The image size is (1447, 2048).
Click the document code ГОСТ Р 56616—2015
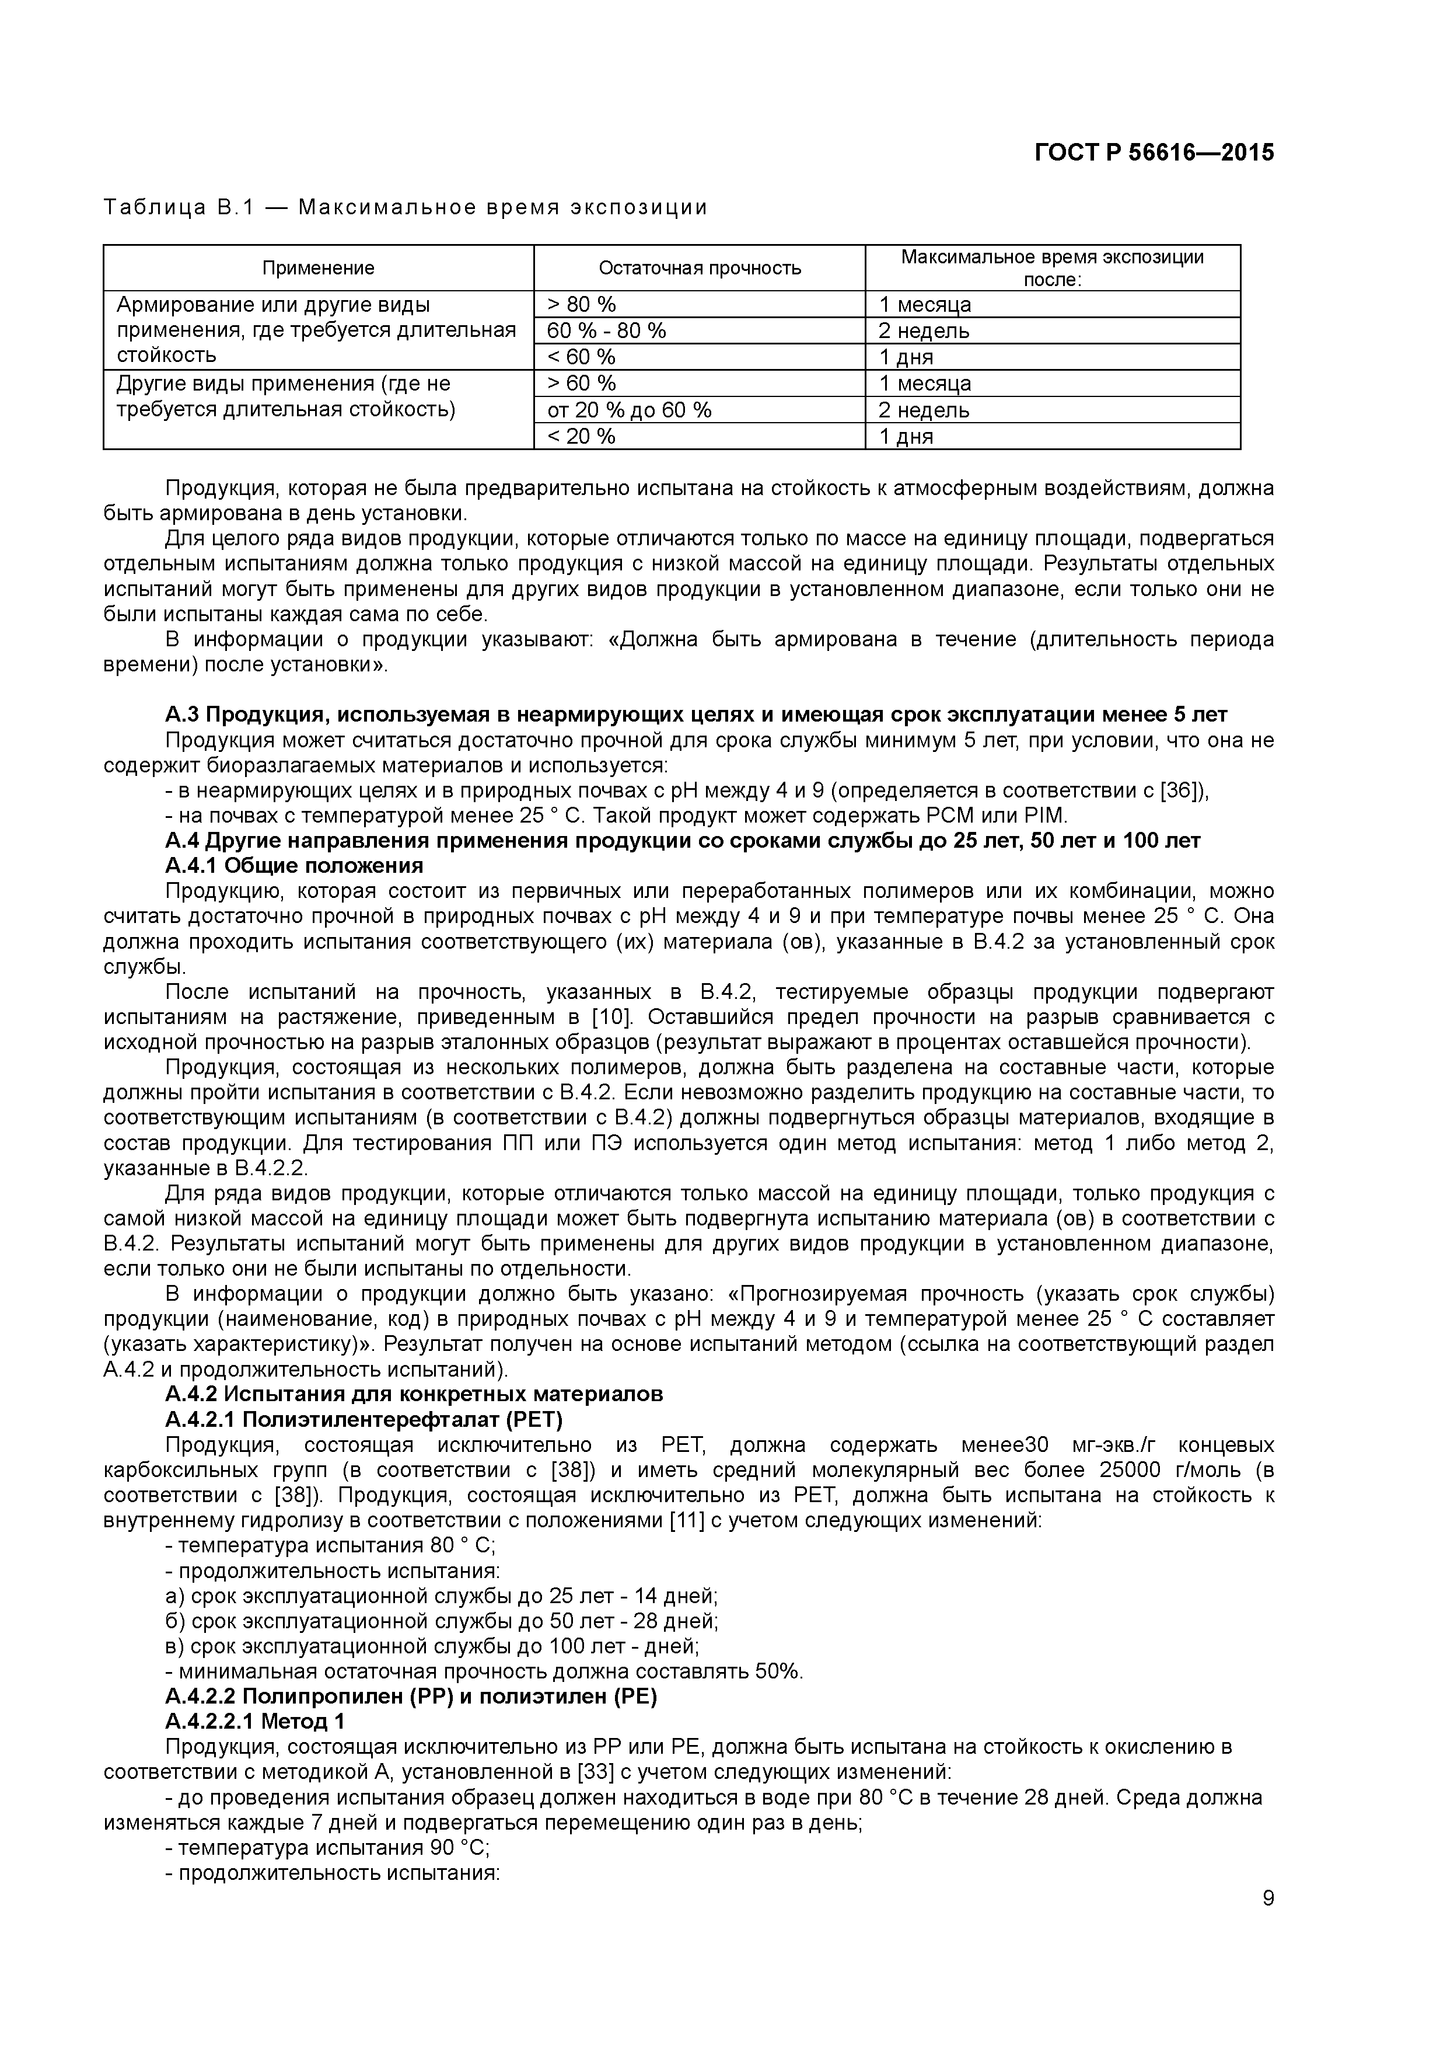tap(1154, 152)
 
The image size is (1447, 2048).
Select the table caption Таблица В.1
tap(179, 208)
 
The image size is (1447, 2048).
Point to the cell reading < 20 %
tap(581, 436)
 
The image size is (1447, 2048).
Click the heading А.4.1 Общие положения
tap(294, 865)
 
